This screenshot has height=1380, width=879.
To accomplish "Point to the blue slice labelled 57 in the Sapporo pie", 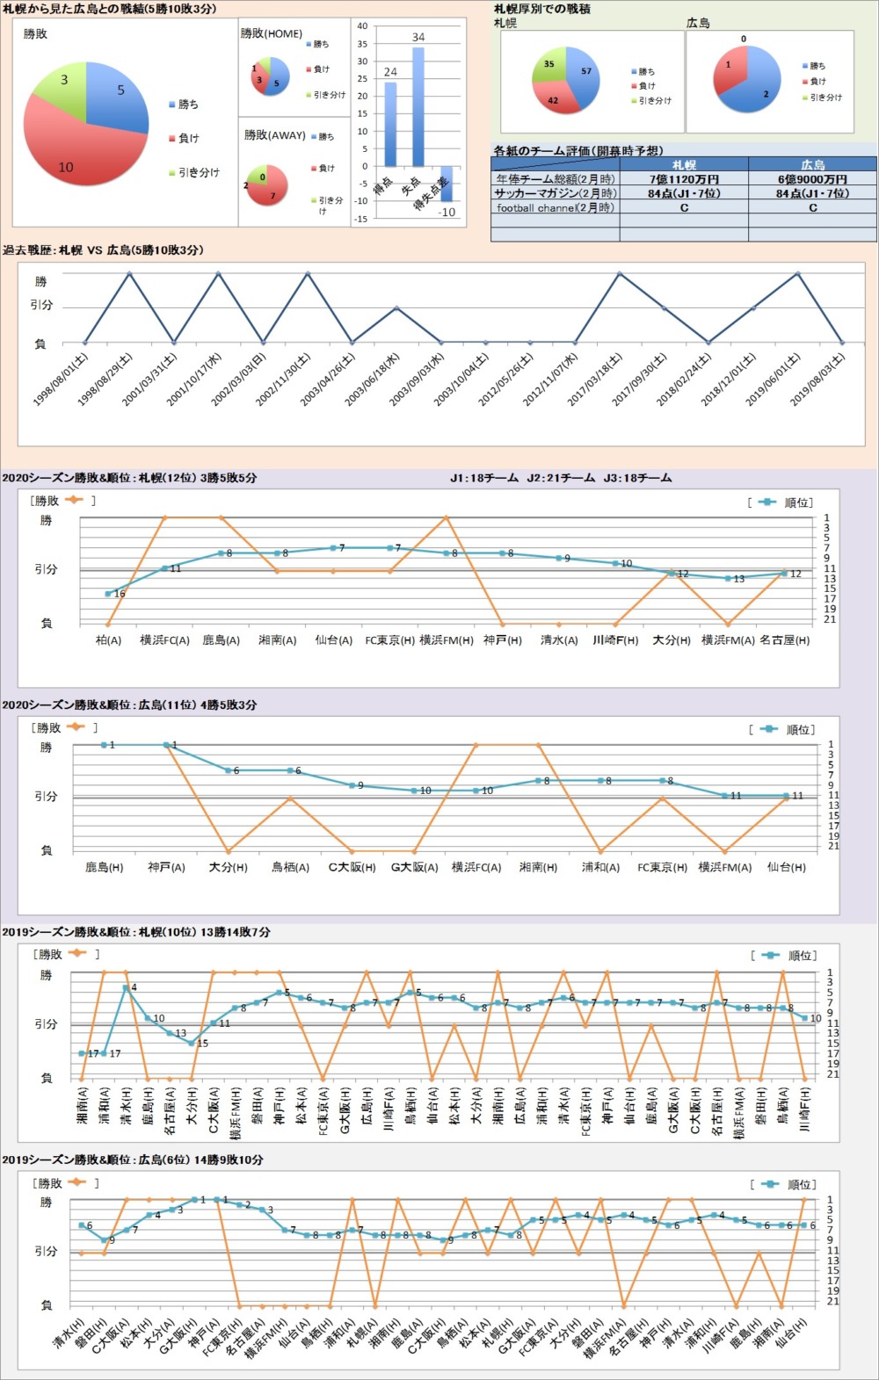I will (x=582, y=77).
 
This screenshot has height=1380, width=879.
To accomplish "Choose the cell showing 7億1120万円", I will (x=684, y=179).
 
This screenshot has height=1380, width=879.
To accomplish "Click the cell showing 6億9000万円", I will (x=812, y=179).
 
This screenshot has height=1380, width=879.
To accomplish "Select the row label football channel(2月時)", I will (x=556, y=208).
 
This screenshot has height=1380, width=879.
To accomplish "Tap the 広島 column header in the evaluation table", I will (x=812, y=165).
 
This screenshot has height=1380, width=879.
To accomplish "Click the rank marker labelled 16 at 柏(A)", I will (x=108, y=595).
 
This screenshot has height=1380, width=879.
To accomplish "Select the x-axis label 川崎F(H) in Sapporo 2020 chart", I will (x=614, y=640).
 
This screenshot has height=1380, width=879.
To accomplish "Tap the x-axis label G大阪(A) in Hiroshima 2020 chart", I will (x=414, y=868).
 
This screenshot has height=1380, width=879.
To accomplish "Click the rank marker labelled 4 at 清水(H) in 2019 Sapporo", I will (x=126, y=988).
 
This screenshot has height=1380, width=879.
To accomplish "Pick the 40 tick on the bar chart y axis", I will (x=362, y=26).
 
